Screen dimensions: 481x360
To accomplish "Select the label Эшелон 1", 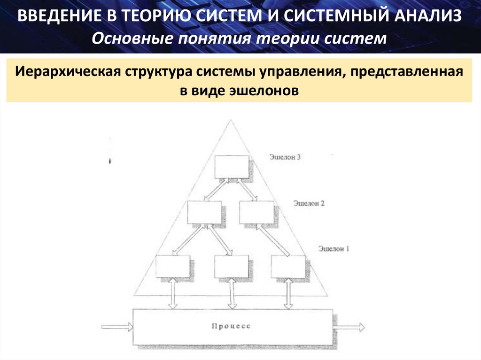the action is pos(334,248).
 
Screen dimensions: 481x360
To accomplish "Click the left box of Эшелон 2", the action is pos(204,212).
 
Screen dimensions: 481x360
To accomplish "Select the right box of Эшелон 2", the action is pos(256,212).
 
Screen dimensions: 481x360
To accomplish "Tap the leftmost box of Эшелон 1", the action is pos(172,267).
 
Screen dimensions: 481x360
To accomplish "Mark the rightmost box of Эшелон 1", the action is pos(288,267).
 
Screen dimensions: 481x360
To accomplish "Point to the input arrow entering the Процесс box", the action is pos(117,327).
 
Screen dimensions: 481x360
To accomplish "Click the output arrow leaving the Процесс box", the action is pos(348,327).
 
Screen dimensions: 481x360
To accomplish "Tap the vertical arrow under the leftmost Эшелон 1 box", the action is pos(172,294).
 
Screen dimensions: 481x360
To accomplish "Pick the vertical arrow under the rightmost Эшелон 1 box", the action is pos(287,294).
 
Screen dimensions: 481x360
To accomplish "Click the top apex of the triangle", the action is pos(231,120).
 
